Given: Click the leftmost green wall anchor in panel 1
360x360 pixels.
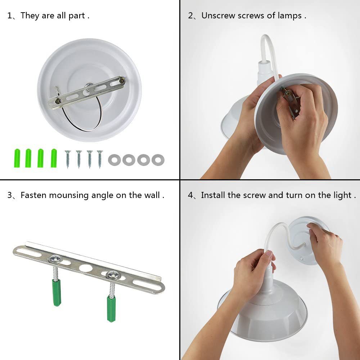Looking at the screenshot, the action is click(17, 158).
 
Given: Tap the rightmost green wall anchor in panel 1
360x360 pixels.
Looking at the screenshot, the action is click(54, 158).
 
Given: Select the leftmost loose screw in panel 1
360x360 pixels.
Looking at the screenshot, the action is click(68, 159).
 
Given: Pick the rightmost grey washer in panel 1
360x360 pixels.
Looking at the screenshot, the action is click(158, 160).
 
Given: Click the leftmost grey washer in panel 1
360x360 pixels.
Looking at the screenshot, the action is click(114, 160).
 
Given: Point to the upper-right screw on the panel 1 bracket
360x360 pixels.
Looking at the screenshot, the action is click(122, 81).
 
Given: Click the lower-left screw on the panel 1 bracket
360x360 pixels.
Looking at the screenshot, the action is click(58, 101).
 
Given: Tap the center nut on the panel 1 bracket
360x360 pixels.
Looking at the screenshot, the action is click(89, 86).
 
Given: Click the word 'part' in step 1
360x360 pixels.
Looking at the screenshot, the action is click(77, 16).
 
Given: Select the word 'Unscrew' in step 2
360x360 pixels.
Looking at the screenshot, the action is click(218, 15).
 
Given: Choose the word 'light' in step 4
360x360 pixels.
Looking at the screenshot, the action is click(342, 195).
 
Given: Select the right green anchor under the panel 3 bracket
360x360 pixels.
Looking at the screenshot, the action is click(111, 309).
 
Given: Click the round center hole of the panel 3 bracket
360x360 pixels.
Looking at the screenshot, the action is click(86, 268).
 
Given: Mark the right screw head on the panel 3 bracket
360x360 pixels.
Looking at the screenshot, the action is click(113, 275).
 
